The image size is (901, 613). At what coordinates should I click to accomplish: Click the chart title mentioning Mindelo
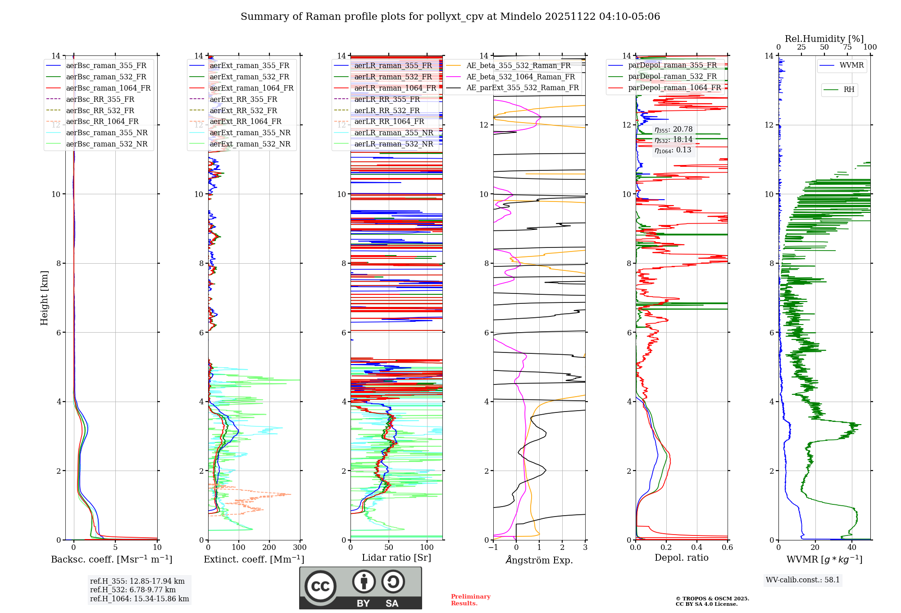[x=450, y=17]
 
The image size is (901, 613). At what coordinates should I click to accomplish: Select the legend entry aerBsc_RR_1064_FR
[x=102, y=122]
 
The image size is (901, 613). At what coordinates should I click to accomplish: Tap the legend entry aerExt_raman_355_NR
[x=250, y=133]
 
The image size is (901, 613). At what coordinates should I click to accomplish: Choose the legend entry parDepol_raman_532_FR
[x=672, y=77]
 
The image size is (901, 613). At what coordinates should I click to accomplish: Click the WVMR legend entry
[x=851, y=65]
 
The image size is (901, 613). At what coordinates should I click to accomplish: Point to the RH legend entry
[x=849, y=90]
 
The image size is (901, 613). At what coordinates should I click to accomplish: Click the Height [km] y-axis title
[x=44, y=298]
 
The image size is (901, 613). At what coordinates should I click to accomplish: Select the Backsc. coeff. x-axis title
[x=112, y=559]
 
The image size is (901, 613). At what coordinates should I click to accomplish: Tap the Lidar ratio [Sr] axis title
[x=396, y=558]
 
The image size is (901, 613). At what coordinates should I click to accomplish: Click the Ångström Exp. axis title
[x=539, y=560]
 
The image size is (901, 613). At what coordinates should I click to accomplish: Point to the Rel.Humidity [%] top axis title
[x=824, y=39]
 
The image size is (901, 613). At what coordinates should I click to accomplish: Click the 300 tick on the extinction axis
[x=300, y=548]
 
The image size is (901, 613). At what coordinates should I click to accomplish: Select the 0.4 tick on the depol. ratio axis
[x=697, y=548]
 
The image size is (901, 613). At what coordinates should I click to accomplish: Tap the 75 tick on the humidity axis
[x=847, y=47]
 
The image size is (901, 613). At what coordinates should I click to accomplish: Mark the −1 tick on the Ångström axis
[x=493, y=548]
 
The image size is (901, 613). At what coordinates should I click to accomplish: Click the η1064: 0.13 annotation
[x=673, y=150]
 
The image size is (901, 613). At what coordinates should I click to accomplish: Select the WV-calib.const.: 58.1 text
[x=803, y=580]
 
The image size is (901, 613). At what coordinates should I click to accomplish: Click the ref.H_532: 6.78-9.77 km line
[x=132, y=590]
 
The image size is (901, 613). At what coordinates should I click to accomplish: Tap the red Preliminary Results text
[x=470, y=600]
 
